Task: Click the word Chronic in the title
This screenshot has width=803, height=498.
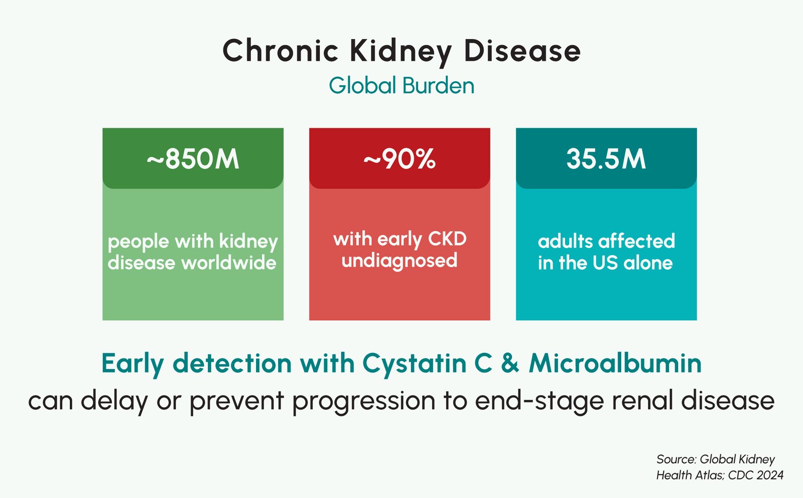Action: tap(281, 51)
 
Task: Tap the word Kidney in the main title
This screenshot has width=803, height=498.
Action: tap(400, 52)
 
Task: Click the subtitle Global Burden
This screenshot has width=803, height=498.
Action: tap(401, 85)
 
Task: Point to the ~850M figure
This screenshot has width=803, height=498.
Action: tap(193, 159)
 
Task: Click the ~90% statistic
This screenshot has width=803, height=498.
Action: tap(399, 159)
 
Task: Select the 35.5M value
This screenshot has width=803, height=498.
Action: tap(606, 159)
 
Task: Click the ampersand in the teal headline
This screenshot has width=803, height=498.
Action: tap(510, 363)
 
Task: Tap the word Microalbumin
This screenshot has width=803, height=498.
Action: tap(615, 363)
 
